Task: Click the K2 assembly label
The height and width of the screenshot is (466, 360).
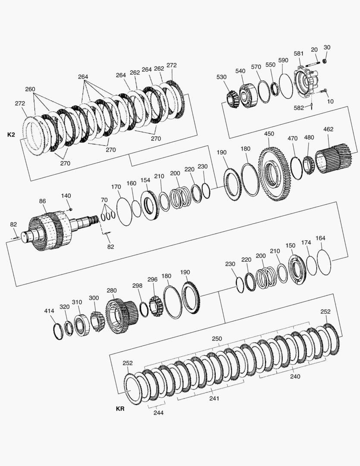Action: (11, 135)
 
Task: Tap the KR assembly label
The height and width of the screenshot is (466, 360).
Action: (120, 409)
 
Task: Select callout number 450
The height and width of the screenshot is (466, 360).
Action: (269, 134)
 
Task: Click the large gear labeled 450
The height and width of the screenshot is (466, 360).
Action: (273, 174)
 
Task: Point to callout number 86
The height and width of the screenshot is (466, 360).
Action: (43, 201)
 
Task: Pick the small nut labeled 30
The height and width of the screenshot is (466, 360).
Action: (325, 61)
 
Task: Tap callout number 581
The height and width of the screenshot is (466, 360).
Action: (298, 54)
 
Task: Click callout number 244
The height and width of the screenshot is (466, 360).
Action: (158, 412)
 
